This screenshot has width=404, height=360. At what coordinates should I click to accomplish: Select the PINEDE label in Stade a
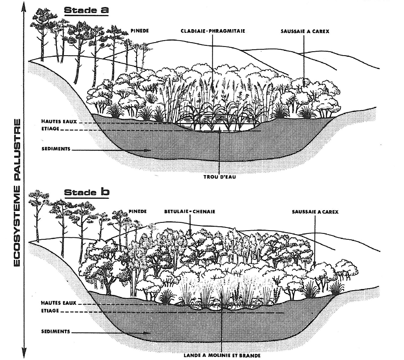(x=140, y=31)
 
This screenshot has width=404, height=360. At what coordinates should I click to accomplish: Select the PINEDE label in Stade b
(x=138, y=212)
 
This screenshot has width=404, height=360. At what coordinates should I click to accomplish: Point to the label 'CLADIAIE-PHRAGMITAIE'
(x=213, y=31)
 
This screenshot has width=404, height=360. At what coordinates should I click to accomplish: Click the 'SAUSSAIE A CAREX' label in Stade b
(x=315, y=212)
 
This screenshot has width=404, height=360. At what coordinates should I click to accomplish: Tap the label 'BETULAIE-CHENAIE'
(x=190, y=212)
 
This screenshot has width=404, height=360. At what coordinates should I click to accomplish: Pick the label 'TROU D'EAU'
(x=219, y=177)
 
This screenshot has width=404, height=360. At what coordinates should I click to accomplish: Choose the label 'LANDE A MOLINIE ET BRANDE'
(x=223, y=355)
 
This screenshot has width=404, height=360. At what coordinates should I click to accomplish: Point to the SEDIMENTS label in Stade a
(x=56, y=149)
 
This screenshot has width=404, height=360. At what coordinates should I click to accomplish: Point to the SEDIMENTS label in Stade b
(x=56, y=331)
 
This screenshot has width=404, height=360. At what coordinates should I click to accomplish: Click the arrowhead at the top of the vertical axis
(x=24, y=5)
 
